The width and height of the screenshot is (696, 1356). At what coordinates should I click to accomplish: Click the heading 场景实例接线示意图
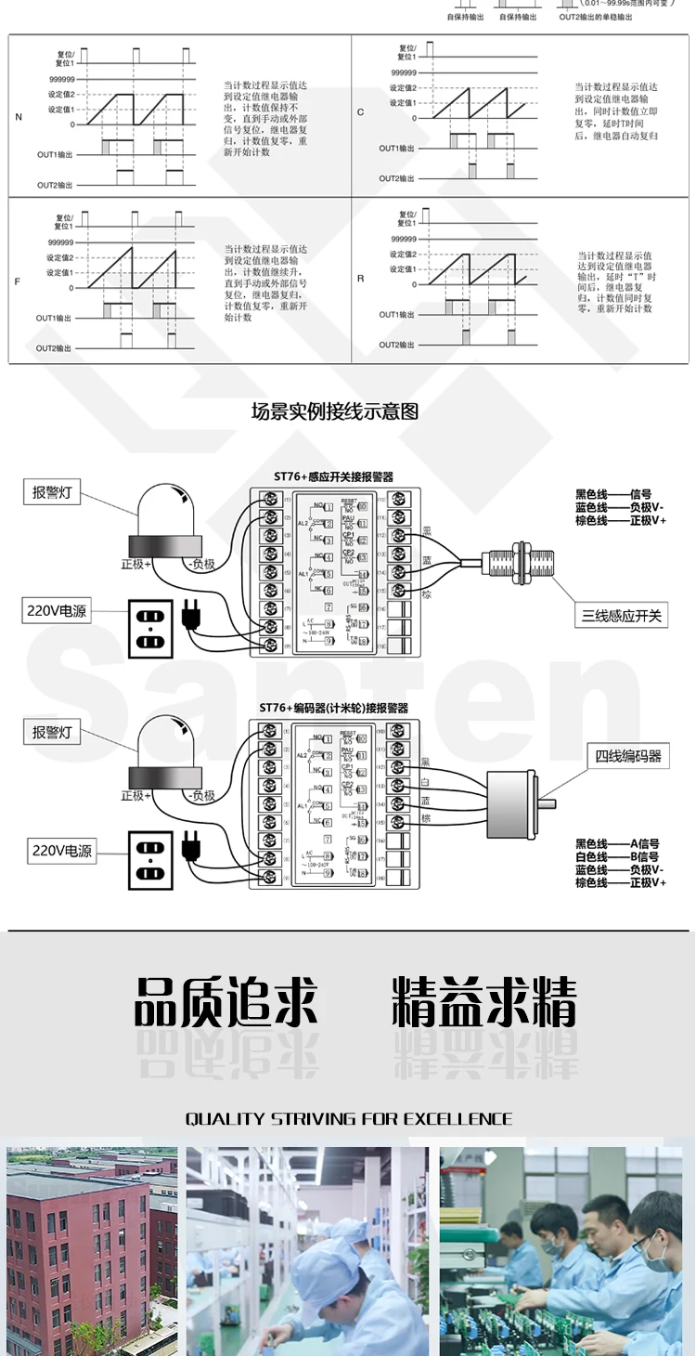coord(334,411)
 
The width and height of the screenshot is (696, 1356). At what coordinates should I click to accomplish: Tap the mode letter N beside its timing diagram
coord(19,117)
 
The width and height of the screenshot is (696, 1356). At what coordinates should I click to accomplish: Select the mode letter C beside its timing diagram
coord(361,111)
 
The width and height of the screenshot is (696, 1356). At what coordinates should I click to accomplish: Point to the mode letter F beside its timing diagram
coord(17,280)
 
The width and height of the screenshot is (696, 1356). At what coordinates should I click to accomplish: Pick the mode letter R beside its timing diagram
coord(361,278)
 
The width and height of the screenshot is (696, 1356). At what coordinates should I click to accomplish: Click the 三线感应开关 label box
coord(622,615)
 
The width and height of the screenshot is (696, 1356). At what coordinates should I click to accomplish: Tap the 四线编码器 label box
coord(628,756)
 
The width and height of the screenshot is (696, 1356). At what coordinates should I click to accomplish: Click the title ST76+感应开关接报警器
coord(333,476)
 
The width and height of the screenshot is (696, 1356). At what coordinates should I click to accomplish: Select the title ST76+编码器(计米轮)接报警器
coord(333,708)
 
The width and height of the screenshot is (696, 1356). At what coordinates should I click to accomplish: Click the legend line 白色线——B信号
coord(617,856)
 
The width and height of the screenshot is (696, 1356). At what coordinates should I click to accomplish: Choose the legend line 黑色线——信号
coord(613,494)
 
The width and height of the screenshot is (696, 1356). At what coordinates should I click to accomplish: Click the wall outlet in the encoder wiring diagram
coord(150,860)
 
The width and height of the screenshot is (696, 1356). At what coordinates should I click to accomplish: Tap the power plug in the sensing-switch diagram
coord(192,615)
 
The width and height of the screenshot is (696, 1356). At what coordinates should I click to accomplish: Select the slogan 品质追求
coord(226,1002)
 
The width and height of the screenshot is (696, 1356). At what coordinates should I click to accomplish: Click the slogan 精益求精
coord(483,1002)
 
